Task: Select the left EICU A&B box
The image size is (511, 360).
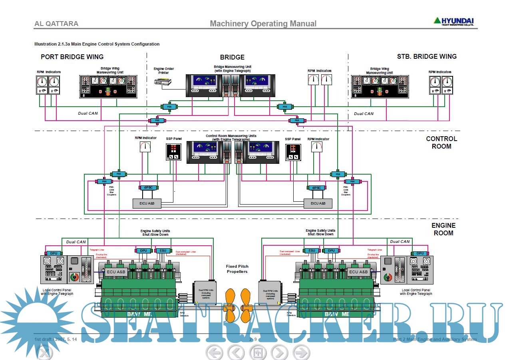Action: point(147,203)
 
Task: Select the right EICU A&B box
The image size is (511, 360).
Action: point(318,203)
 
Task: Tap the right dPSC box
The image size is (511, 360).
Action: point(317,187)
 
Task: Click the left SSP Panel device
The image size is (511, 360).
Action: point(173,152)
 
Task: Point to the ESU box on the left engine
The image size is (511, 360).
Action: point(163,251)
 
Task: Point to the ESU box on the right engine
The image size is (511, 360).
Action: point(312,251)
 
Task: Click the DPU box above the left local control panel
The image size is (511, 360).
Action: point(54,253)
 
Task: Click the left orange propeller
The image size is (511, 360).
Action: point(231,305)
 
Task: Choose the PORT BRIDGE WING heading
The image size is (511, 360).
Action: point(72,57)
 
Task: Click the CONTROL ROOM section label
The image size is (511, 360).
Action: point(441,143)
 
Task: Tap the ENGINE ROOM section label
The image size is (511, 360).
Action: point(443,229)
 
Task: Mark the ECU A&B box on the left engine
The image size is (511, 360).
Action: point(116,272)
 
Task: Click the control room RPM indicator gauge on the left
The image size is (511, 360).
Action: point(145,147)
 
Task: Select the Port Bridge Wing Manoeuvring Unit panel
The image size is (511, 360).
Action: point(108,86)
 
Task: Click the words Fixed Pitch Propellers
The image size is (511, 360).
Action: point(237,269)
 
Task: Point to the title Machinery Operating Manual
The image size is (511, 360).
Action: point(263,24)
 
